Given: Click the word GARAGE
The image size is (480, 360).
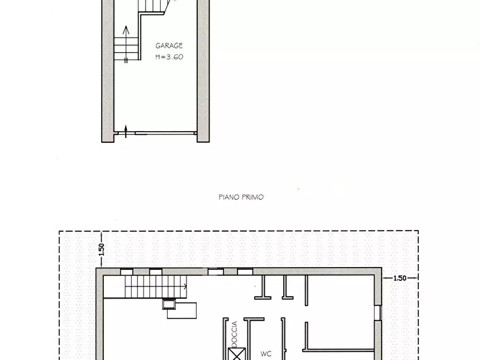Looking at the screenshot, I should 169,46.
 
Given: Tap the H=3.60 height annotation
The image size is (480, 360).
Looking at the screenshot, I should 169,56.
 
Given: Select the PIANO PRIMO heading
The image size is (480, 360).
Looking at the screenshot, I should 241,197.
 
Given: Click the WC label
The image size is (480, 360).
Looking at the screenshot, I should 266,354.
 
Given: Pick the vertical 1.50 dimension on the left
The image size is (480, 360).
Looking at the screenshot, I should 101,249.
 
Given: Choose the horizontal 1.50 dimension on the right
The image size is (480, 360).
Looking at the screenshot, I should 399,278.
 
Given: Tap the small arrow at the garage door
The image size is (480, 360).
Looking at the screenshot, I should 126,131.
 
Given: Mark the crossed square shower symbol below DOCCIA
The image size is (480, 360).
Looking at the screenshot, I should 235,355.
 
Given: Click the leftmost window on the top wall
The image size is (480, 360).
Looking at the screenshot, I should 127,272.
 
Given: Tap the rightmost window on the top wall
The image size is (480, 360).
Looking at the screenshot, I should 245,272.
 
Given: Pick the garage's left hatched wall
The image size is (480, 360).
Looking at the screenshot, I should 108,70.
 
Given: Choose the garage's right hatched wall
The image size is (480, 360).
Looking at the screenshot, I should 203,70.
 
